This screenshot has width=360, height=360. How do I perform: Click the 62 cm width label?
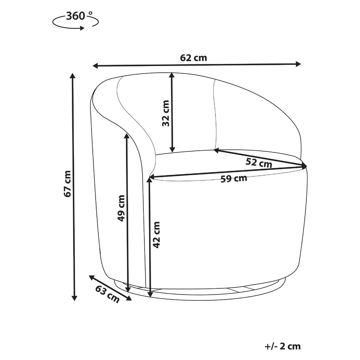(x=193, y=58)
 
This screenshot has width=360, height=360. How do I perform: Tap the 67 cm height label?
(x=67, y=183)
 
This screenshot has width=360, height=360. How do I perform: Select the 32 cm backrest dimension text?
(x=165, y=113)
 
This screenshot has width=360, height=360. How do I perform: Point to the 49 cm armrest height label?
(x=121, y=208)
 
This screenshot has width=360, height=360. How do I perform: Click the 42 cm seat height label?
(x=156, y=235)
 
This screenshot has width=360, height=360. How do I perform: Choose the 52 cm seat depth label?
(x=258, y=163)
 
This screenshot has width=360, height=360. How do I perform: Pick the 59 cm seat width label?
(x=234, y=179)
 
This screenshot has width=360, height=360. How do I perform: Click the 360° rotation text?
(x=79, y=16)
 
